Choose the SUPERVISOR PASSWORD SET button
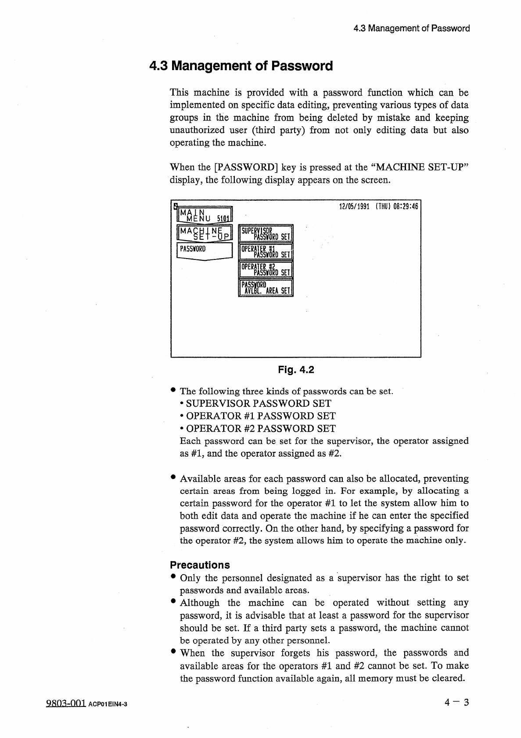tap(266, 234)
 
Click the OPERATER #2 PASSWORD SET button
tap(266, 269)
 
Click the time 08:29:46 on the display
tap(405, 206)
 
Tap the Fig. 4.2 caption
tap(296, 370)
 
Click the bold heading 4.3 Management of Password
tap(241, 66)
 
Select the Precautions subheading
tap(200, 565)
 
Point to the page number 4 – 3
tap(456, 703)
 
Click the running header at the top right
tap(411, 28)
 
